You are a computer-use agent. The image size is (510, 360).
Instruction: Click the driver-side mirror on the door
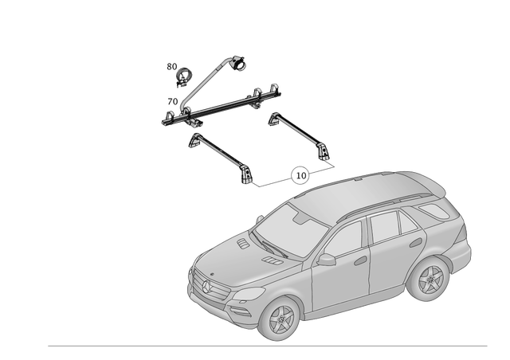[x=325, y=260]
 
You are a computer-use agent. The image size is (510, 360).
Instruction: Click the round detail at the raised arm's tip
[x=238, y=61]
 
